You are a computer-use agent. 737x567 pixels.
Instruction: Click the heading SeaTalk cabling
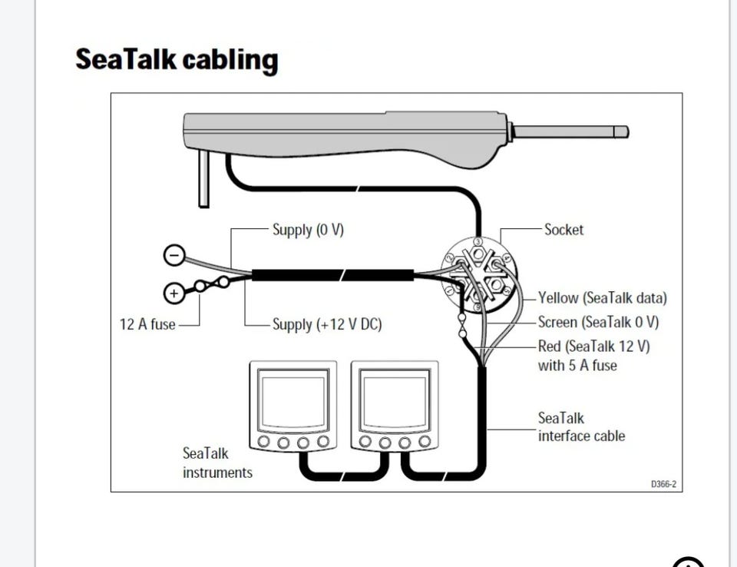(x=177, y=60)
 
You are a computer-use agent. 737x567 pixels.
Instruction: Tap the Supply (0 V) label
(x=308, y=230)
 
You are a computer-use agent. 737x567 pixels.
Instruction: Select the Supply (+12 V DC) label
(x=327, y=324)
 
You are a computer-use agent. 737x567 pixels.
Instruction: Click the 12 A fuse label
(x=147, y=324)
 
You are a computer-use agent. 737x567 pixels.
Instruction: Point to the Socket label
(x=563, y=230)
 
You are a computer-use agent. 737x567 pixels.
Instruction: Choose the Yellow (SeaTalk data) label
(x=602, y=298)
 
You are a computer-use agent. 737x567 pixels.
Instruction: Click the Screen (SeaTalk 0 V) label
(x=598, y=322)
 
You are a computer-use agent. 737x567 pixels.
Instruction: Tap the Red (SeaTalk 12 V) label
(x=593, y=346)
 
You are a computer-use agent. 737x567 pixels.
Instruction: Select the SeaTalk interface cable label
(x=581, y=427)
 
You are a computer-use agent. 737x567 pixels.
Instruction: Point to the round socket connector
(x=478, y=274)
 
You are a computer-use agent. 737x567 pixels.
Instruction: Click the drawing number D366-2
(x=663, y=484)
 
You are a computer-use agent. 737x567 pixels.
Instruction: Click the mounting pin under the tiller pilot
(x=203, y=178)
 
